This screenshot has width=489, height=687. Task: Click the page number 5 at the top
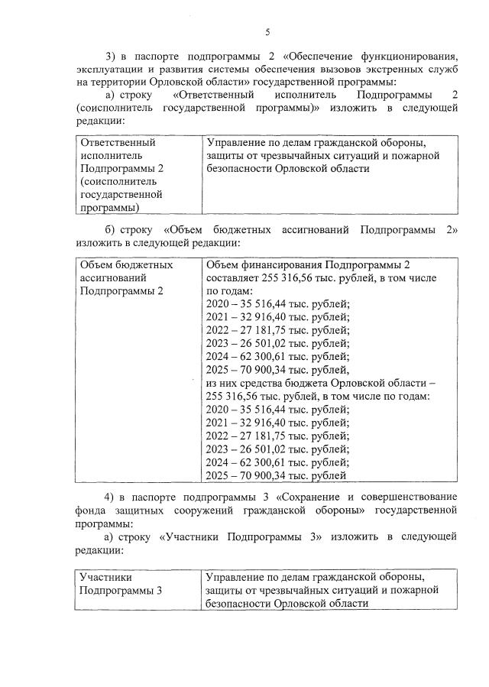[267, 31]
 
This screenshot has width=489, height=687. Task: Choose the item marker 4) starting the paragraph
[110, 497]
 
